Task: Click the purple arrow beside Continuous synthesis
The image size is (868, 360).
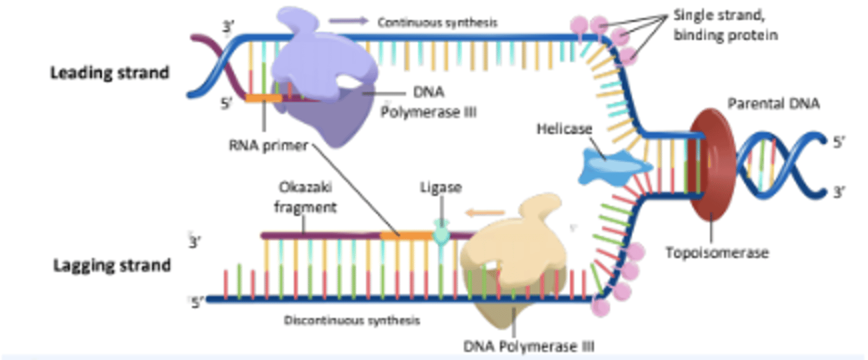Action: point(348,21)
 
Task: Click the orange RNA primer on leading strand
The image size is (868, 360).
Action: point(263,98)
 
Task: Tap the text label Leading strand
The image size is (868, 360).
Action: point(109,73)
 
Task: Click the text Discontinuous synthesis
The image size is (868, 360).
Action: point(352,320)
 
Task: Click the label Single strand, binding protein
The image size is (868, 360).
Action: point(725,25)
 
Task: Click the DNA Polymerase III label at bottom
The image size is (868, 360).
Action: point(529,347)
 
